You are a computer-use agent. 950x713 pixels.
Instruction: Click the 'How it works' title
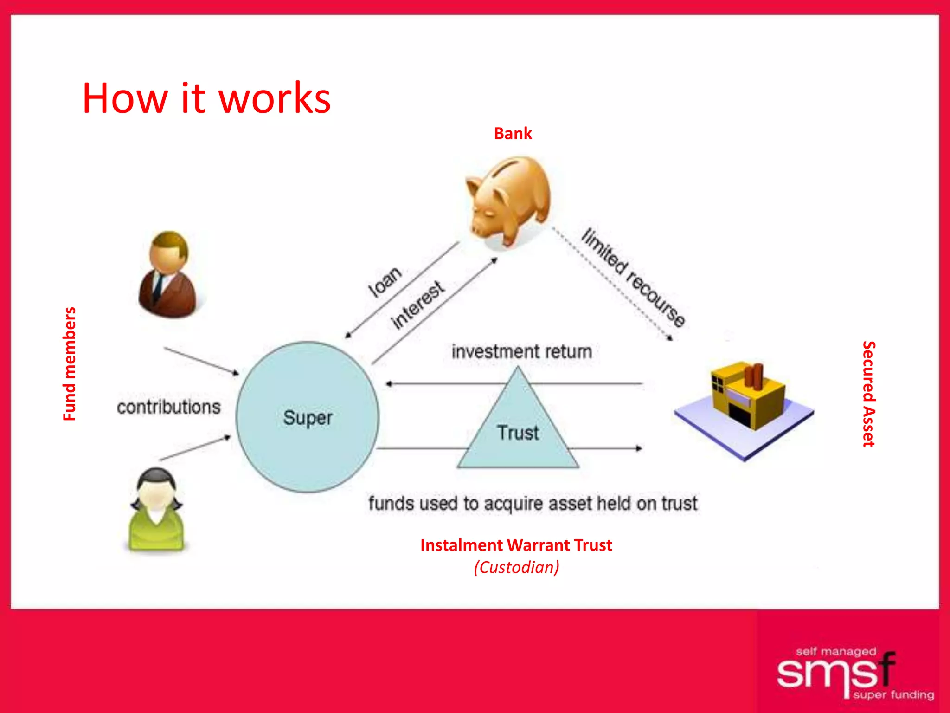click(206, 98)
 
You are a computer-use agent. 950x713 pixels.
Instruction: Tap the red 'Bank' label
click(513, 134)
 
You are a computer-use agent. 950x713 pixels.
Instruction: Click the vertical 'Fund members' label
click(69, 364)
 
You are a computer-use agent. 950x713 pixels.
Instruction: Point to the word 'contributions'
click(168, 407)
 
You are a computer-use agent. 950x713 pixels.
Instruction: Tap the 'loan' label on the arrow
click(385, 282)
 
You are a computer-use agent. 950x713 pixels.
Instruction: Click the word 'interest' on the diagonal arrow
click(417, 305)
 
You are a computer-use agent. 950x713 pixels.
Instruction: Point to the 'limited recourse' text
click(633, 278)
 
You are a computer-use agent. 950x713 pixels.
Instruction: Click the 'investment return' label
click(522, 352)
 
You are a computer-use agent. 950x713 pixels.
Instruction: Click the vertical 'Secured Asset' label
click(869, 394)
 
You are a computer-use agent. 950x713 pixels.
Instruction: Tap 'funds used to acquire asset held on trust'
click(533, 504)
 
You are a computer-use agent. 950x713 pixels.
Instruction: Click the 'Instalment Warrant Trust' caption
click(516, 545)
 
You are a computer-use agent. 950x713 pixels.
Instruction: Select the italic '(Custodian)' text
click(516, 567)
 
